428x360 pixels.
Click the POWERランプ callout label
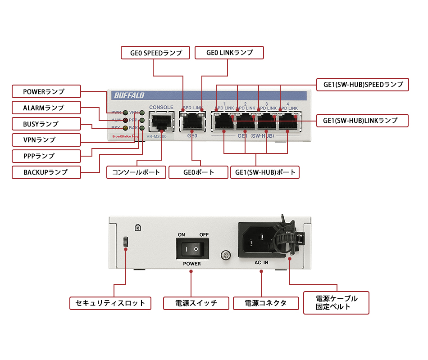pyautogui.click(x=46, y=91)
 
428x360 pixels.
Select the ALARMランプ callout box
pyautogui.click(x=46, y=108)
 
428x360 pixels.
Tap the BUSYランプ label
pyautogui.click(x=46, y=124)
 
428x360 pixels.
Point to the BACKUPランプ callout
pyautogui.click(x=46, y=172)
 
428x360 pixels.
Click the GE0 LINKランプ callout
pyautogui.click(x=229, y=53)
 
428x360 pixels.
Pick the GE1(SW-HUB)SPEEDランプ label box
pyautogui.click(x=363, y=85)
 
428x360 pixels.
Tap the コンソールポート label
pyautogui.click(x=136, y=172)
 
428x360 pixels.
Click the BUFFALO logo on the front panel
pyautogui.click(x=129, y=95)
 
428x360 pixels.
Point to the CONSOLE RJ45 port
pyautogui.click(x=161, y=121)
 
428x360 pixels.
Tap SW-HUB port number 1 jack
pyautogui.click(x=224, y=121)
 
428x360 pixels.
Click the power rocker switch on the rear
pyautogui.click(x=192, y=248)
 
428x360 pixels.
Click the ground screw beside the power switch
pyautogui.click(x=225, y=256)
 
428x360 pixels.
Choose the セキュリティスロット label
pyautogui.click(x=110, y=303)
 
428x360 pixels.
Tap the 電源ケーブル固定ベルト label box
pyautogui.click(x=336, y=303)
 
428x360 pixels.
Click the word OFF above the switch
pyautogui.click(x=204, y=234)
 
